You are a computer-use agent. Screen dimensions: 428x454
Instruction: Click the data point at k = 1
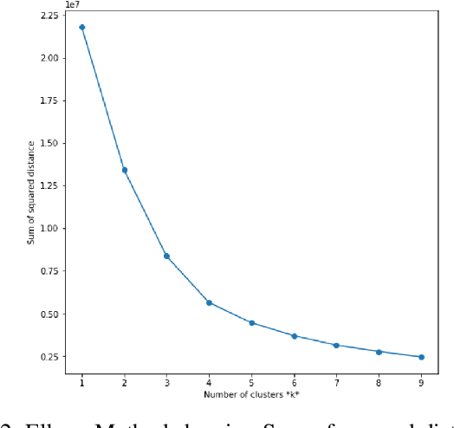click(x=82, y=27)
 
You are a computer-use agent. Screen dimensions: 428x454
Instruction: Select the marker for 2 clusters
click(x=125, y=170)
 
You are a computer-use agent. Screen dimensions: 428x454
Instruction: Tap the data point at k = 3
click(x=166, y=256)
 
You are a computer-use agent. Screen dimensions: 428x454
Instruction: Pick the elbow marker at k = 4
click(x=209, y=302)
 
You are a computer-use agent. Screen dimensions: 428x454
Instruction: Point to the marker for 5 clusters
click(x=251, y=323)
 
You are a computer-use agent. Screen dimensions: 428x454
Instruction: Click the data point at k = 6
click(x=294, y=336)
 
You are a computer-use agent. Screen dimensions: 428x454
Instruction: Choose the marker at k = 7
click(x=336, y=345)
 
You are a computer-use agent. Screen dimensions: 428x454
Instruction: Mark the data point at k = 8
click(x=379, y=352)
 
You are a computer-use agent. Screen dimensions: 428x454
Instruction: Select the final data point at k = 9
click(x=421, y=357)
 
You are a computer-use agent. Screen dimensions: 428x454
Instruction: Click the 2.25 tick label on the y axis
click(x=49, y=16)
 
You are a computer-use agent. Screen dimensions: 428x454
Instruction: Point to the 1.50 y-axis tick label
click(x=49, y=144)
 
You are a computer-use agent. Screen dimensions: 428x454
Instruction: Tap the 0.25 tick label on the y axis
click(x=49, y=357)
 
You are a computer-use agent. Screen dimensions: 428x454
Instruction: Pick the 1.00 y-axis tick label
click(x=49, y=229)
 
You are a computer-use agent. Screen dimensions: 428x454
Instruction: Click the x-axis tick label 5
click(x=251, y=382)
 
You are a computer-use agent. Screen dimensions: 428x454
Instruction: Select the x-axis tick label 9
click(x=421, y=382)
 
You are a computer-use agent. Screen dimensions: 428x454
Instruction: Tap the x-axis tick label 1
click(x=82, y=382)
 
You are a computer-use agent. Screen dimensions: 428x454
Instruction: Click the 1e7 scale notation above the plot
click(x=73, y=4)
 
